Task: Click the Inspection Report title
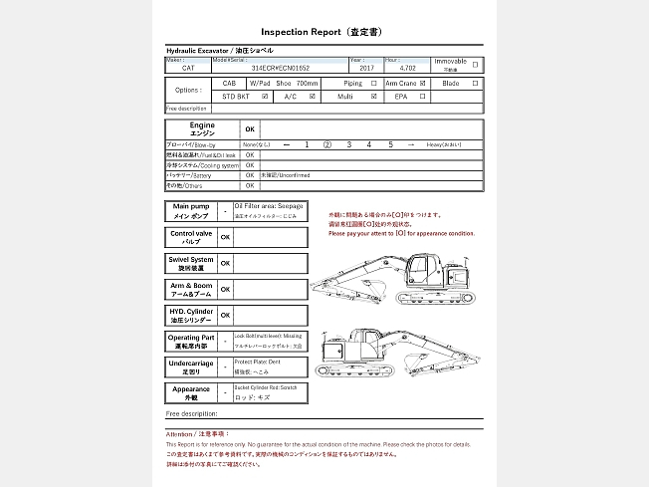(x=320, y=32)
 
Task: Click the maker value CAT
(x=188, y=68)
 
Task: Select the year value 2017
(x=367, y=68)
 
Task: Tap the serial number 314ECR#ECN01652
(x=281, y=68)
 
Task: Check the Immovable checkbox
(x=475, y=65)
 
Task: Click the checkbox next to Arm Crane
(x=423, y=84)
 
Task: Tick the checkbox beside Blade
(x=475, y=84)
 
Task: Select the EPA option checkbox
(x=423, y=98)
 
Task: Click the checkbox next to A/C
(x=313, y=98)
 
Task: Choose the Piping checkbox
(x=373, y=84)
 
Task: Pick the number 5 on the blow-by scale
(x=391, y=145)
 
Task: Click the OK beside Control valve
(x=225, y=237)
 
